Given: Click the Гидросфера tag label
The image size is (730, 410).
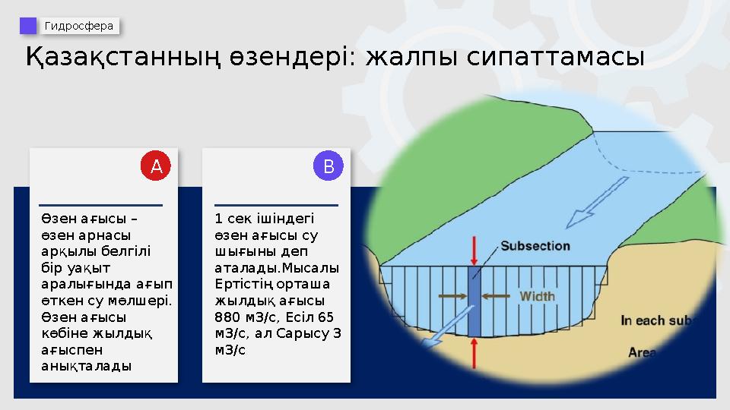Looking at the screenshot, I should point(79,27).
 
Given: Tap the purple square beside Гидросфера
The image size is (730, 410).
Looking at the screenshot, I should point(28,27).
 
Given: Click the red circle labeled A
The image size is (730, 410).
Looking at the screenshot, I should point(157,166).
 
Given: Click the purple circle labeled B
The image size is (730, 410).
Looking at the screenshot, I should point(328,166).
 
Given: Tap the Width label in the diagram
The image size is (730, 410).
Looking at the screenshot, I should point(537,295).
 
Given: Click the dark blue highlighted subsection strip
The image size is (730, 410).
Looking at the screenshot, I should point(474,301).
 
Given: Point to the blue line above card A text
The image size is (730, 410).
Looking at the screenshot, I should point(100,205).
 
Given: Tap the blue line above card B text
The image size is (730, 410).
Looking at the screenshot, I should point(276,205).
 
